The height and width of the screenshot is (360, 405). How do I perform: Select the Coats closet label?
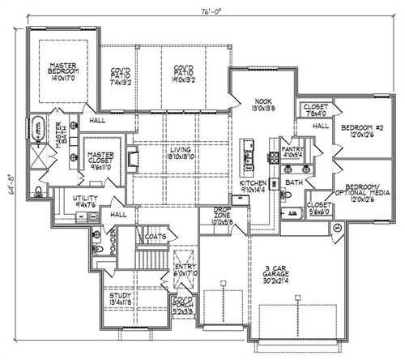coord(156,238)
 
